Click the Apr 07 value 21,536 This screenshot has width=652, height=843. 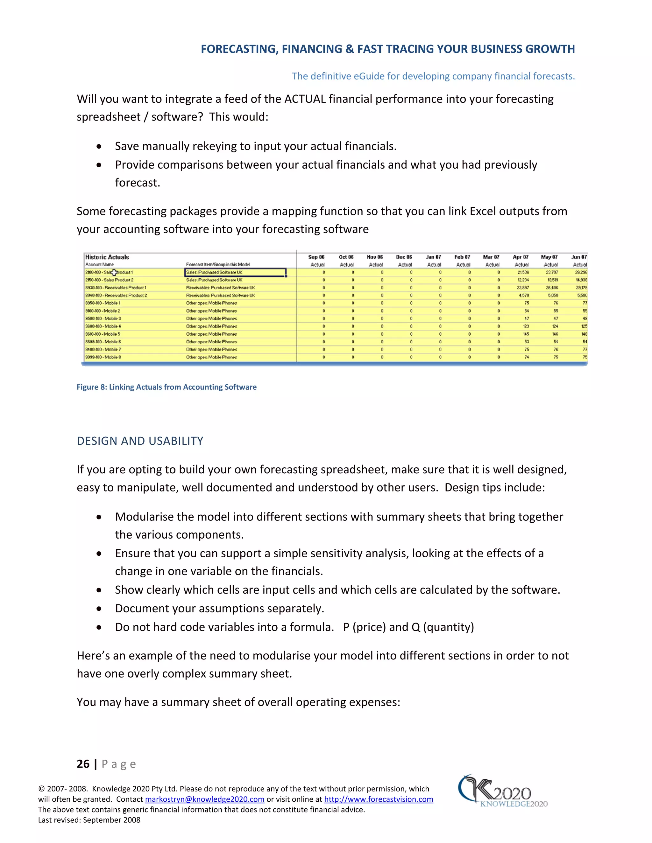pos(523,272)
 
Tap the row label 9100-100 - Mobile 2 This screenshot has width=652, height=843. pos(103,311)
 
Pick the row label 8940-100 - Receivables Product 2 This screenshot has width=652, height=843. pos(116,295)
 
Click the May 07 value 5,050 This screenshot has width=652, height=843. pos(553,295)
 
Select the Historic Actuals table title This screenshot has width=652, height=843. pos(107,257)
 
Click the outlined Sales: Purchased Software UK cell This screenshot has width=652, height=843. pos(235,272)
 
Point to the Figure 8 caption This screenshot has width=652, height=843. pos(167,387)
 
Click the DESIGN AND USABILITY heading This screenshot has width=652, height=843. pos(140,441)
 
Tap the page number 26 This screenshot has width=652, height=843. pos(83,764)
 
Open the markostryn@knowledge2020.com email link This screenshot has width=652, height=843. pos(204,799)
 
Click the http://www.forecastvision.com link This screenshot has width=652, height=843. pos(378,799)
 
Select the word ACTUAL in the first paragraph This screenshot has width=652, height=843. pos(305,99)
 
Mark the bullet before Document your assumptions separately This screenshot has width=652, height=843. pos(99,609)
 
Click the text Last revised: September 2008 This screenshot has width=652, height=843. pos(89,820)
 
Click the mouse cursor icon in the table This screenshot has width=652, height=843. pos(114,273)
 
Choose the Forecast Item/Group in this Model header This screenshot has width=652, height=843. pos(218,264)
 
